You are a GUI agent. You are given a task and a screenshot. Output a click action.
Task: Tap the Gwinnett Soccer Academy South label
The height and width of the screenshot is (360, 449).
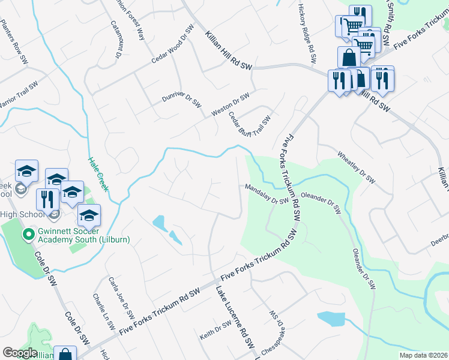tap(82, 234)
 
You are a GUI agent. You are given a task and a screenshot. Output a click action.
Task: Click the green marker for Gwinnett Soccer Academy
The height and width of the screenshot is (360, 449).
tap(27, 234)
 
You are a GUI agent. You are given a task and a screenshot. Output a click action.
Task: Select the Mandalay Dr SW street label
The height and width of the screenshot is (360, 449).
tap(267, 194)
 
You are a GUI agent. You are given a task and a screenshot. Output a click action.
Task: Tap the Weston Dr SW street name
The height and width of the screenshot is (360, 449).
tap(230, 105)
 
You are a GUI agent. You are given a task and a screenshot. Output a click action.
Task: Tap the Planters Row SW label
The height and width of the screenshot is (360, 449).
tap(14, 42)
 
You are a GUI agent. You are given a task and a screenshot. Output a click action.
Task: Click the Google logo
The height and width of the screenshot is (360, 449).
tap(20, 353)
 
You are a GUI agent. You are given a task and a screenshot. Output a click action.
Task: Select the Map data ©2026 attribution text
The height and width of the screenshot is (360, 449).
tap(423, 355)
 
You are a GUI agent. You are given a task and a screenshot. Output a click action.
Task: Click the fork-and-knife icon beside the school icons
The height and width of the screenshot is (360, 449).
tap(47, 198)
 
